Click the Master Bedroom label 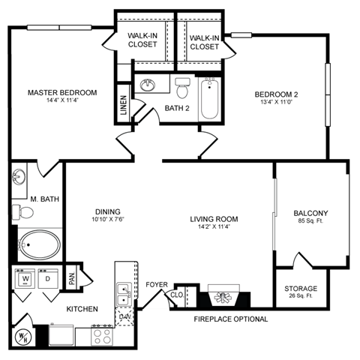[x=62, y=93]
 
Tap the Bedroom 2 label [x=277, y=94]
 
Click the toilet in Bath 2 [x=181, y=88]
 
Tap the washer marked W [x=26, y=279]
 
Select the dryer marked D [x=46, y=279]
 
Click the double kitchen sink [x=122, y=294]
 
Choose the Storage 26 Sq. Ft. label [x=300, y=292]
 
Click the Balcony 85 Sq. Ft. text [x=310, y=217]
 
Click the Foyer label [x=156, y=285]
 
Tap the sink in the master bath [x=20, y=178]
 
